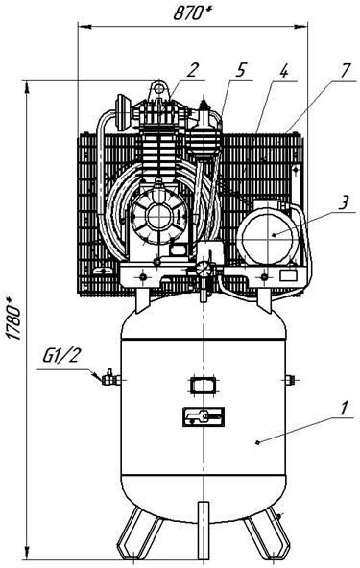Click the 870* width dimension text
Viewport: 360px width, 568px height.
(x=193, y=13)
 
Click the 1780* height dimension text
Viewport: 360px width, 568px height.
(x=14, y=319)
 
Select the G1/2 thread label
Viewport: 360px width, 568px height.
(x=60, y=357)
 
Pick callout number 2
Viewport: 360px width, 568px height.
(x=192, y=70)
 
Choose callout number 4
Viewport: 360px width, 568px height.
(x=283, y=70)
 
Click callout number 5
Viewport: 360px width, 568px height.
(x=240, y=70)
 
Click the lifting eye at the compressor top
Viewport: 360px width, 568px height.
(x=158, y=89)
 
